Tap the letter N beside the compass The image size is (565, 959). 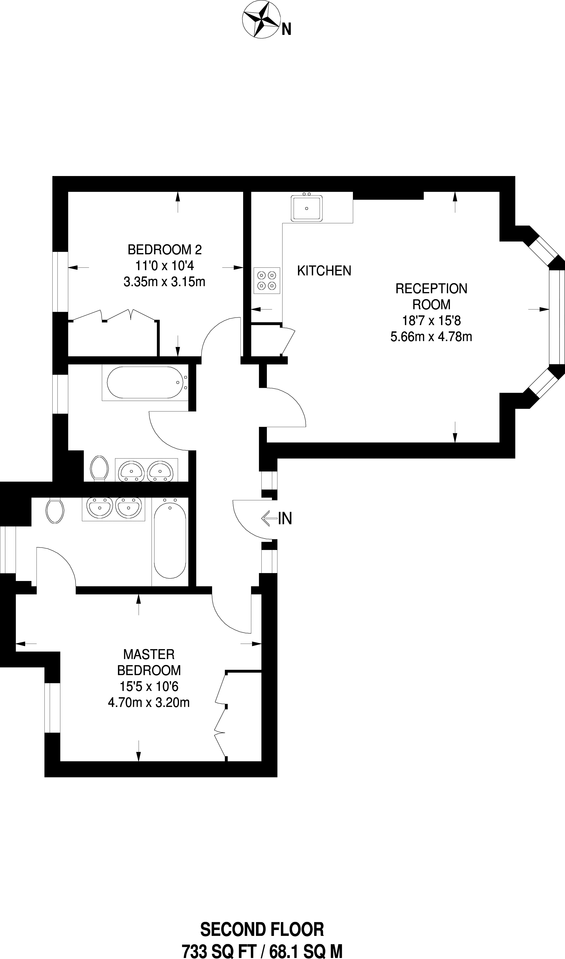[286, 29]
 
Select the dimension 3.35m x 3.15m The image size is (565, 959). [164, 282]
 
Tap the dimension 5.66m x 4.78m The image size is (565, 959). [431, 337]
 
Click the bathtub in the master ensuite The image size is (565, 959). [170, 541]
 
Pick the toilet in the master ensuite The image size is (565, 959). [55, 511]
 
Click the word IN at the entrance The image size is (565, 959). [285, 518]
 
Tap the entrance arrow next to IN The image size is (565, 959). [269, 518]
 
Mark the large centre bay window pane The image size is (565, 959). [556, 317]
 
